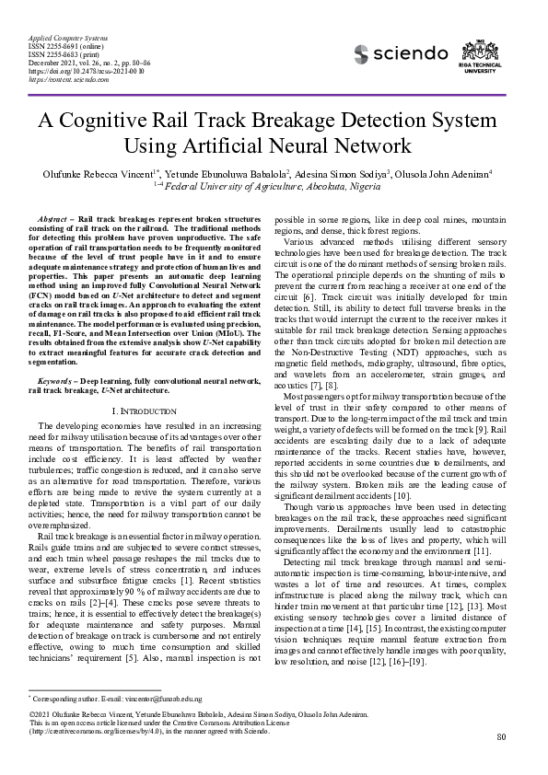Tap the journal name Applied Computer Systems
pos(58,33)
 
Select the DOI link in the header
pos(76,69)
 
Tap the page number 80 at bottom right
pos(501,736)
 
